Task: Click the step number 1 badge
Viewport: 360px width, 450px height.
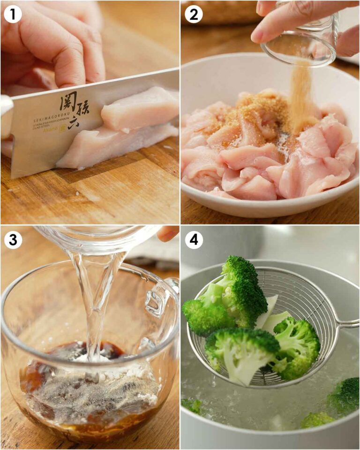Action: click(13, 14)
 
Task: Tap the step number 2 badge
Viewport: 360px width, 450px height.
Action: click(193, 14)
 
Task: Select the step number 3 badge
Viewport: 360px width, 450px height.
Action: click(13, 239)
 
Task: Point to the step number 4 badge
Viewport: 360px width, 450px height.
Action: click(193, 239)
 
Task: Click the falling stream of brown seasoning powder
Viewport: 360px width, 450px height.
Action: click(300, 98)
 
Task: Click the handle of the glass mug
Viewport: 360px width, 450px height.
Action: click(162, 300)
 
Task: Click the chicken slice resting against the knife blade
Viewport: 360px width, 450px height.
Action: click(141, 112)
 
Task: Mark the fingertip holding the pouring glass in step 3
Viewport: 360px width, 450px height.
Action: click(166, 233)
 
